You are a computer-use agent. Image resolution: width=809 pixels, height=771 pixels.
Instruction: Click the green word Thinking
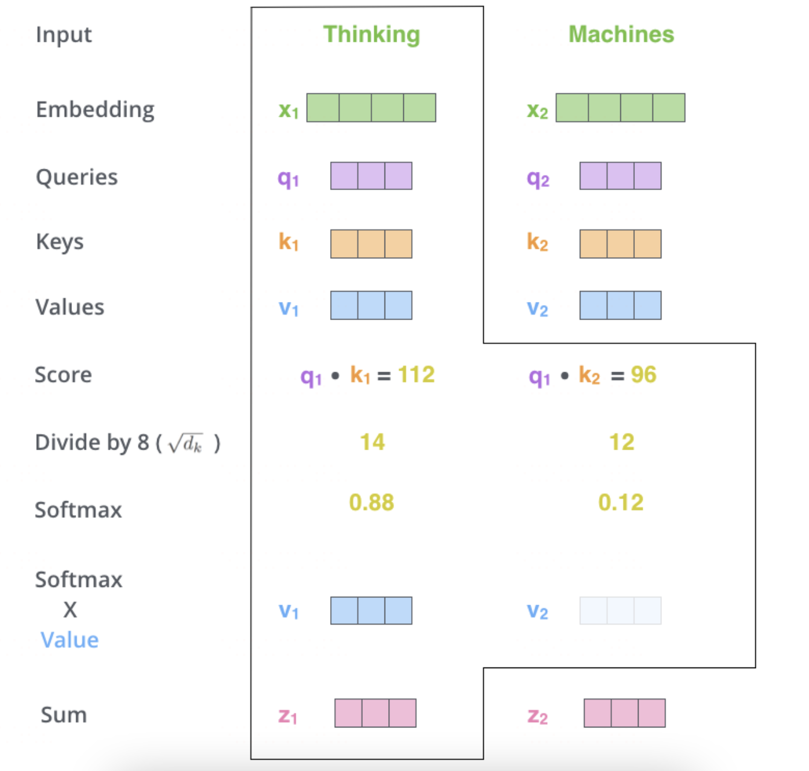(371, 34)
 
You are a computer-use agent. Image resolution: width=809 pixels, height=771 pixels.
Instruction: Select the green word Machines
(621, 34)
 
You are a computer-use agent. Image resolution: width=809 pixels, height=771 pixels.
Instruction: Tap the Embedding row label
(95, 110)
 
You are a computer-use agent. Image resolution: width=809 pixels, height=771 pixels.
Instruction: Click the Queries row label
(77, 177)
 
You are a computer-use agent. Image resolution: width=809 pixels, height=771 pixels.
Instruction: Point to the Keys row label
(60, 241)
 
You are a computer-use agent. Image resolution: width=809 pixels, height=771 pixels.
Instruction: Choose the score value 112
(417, 375)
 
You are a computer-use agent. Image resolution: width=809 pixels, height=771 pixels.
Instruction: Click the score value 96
(643, 375)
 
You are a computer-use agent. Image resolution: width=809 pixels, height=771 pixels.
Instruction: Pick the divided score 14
(372, 442)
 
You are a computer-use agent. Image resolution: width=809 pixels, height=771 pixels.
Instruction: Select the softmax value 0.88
(371, 502)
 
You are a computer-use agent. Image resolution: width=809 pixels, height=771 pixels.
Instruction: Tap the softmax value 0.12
(621, 502)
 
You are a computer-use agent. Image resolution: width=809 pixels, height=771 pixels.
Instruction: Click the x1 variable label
(288, 110)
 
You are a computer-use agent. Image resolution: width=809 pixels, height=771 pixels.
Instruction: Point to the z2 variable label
(538, 717)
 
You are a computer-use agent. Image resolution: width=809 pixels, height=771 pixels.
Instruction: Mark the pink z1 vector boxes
(375, 713)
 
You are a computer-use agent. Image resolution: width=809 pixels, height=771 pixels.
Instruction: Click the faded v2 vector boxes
(620, 611)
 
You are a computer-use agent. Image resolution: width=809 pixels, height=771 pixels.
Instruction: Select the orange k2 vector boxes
(620, 244)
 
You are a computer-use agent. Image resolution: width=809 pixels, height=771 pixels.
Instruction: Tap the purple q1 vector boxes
(371, 176)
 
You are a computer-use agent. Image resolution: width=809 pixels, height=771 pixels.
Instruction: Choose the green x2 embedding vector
(620, 108)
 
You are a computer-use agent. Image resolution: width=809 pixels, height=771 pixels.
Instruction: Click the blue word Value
(70, 640)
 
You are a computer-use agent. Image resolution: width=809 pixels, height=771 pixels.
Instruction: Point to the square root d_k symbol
(186, 444)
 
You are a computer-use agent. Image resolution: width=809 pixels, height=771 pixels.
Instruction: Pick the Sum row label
(63, 715)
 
